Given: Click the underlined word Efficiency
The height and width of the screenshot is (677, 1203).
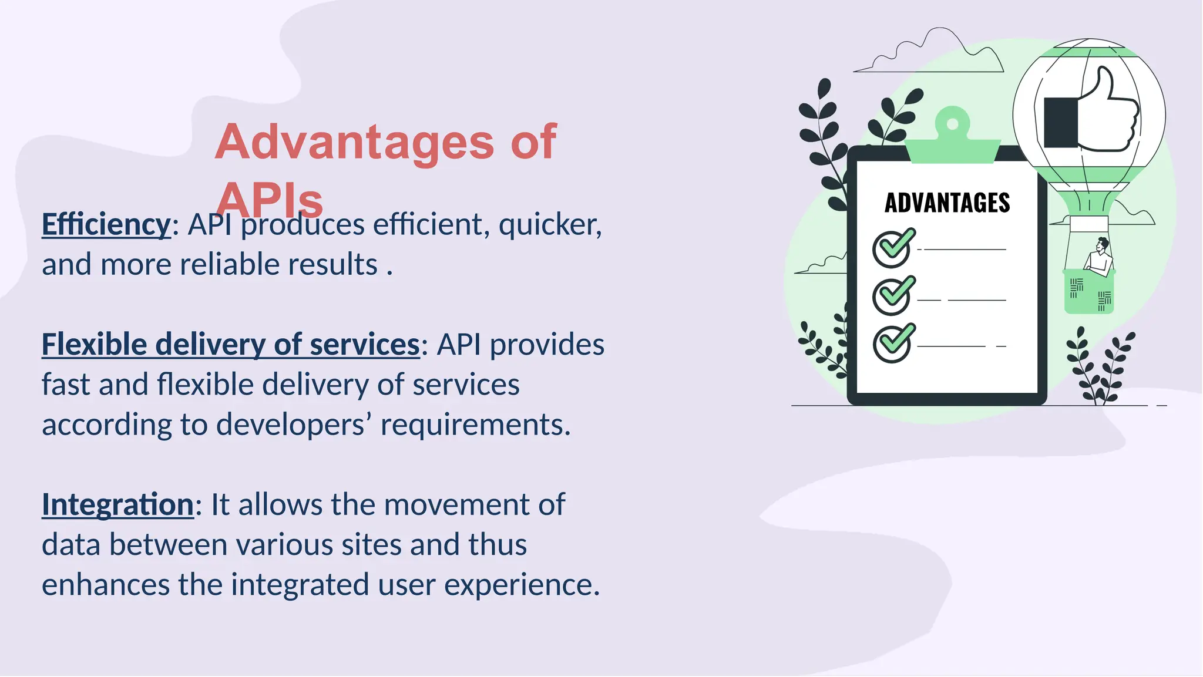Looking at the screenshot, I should pos(106,225).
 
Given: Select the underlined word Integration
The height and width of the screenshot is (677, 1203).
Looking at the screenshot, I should pos(117,504).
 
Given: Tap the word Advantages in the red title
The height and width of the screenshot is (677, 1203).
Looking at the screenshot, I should pos(354,142).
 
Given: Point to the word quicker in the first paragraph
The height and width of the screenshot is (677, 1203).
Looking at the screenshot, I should pos(550,225).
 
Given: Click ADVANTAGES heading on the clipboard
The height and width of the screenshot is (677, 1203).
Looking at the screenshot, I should pos(947,203).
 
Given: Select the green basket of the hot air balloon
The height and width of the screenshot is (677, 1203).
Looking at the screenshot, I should pos(1088,292).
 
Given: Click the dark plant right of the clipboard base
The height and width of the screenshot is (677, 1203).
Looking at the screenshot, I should pos(1098,370).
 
